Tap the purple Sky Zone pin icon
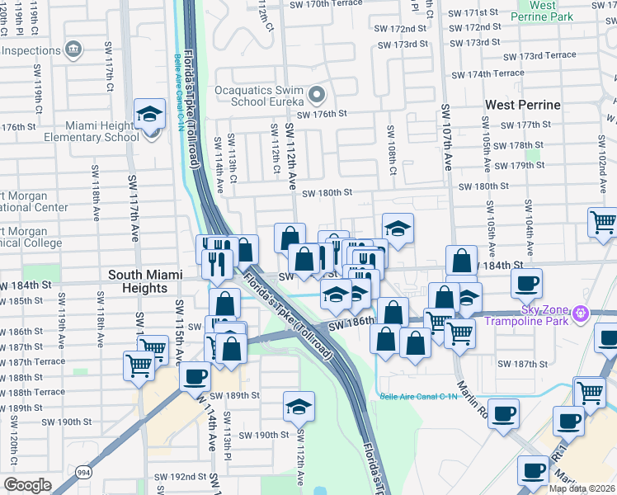[581, 313]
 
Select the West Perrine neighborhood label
[523, 105]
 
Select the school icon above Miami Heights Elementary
[150, 115]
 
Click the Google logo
[27, 485]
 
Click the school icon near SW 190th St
[299, 406]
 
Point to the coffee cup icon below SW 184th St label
[525, 285]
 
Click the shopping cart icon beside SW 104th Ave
[603, 222]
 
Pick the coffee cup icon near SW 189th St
[195, 376]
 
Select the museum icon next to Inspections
[74, 49]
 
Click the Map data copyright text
[582, 488]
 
